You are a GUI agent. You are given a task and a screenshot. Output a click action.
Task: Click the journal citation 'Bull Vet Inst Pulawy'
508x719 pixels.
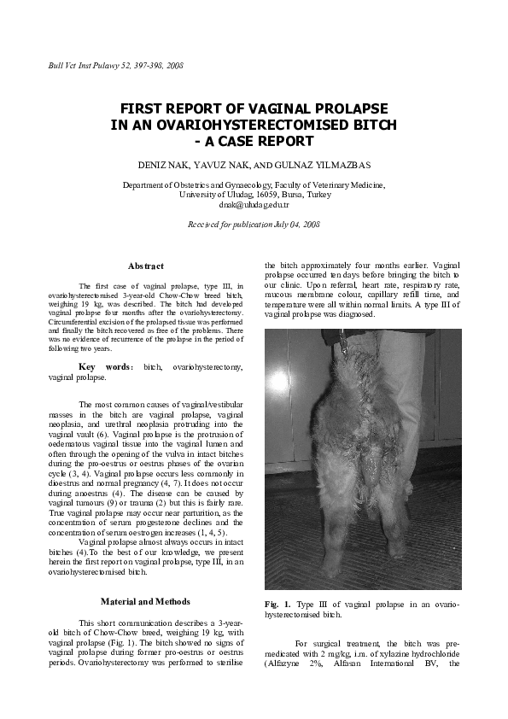tap(82, 65)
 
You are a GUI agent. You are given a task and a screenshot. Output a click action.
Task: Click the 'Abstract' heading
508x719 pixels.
tap(145, 266)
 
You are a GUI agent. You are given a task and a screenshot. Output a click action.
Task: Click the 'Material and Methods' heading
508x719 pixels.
tap(145, 601)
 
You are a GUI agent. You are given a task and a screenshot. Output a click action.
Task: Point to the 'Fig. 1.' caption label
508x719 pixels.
tap(277, 604)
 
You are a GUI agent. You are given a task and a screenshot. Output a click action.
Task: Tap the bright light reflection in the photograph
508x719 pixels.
tap(277, 381)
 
